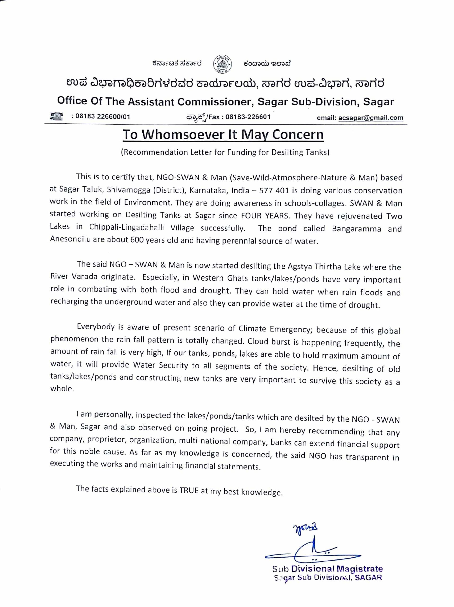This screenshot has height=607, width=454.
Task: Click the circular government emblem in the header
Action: pos(222,64)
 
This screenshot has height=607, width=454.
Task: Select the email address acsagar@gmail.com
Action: pos(371,118)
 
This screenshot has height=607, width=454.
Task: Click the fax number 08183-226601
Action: pos(248,117)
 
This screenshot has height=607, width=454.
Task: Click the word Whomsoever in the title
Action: pos(183,135)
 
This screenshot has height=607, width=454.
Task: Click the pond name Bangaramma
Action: pos(356,229)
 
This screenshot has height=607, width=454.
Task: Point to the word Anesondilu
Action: pos(70,239)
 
